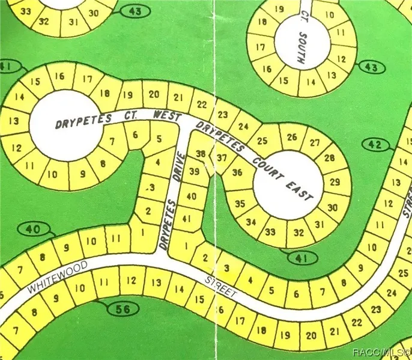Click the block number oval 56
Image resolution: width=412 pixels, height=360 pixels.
124,310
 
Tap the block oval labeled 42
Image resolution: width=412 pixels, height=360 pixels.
376,145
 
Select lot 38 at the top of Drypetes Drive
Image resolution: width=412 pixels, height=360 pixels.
200,154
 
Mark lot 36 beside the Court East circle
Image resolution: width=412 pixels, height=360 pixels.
237,172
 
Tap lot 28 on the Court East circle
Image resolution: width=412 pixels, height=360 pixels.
329,158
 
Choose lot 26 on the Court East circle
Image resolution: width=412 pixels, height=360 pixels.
292,137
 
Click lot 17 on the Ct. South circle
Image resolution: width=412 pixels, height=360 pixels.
261,47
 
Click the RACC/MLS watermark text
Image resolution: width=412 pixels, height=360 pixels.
381,352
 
